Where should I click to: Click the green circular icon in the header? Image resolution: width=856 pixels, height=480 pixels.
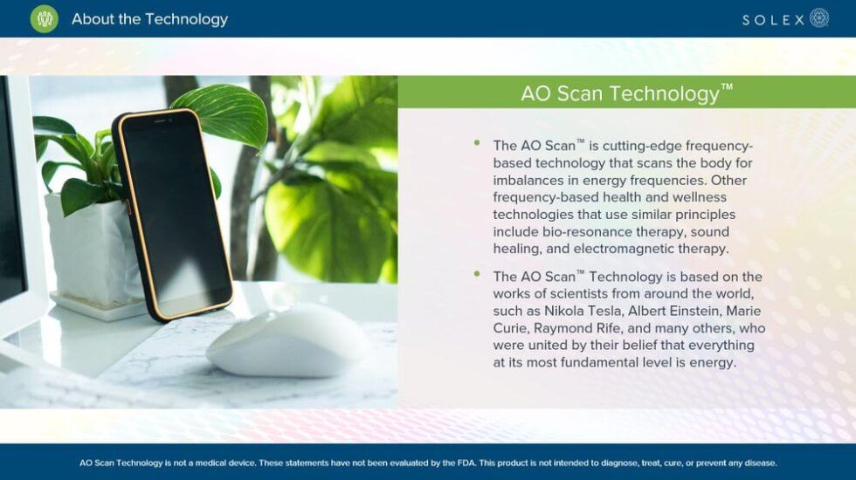point(44,18)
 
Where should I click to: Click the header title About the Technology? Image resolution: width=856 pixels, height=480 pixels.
point(149,18)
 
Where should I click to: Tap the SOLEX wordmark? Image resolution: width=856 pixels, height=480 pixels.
point(773,19)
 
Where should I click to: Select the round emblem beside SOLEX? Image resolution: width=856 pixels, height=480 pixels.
point(819,18)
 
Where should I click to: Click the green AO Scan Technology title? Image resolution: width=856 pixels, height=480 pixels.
point(626,93)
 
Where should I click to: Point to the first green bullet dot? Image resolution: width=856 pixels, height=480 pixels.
point(477,142)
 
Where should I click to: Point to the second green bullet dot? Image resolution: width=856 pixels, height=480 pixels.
point(477,273)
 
